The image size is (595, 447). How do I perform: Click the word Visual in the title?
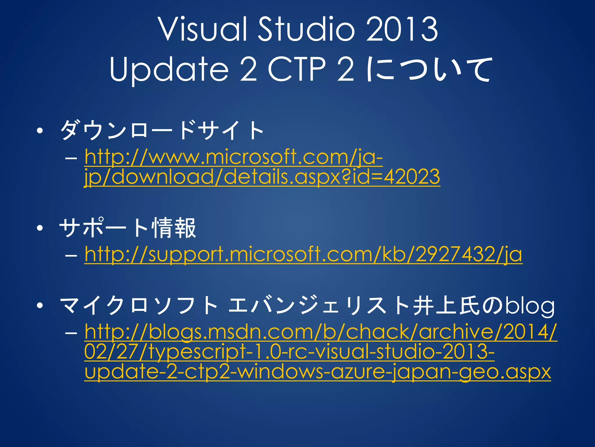pyautogui.click(x=203, y=29)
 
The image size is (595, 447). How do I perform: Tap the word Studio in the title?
pyautogui.click(x=307, y=29)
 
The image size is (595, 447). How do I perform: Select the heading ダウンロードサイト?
pyautogui.click(x=162, y=131)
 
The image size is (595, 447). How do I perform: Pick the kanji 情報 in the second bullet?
pyautogui.click(x=174, y=228)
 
